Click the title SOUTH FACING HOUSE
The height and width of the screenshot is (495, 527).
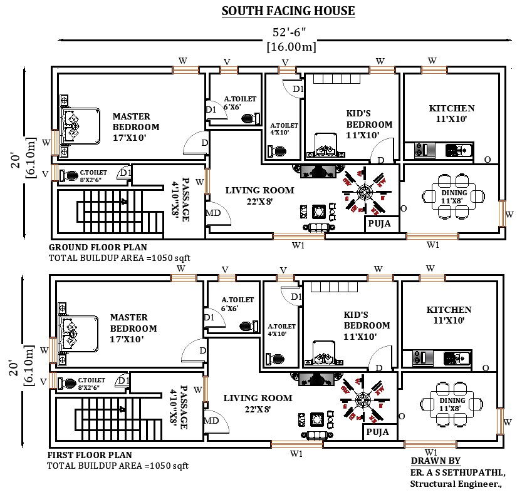(x=288, y=11)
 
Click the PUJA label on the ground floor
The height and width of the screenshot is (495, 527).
(x=378, y=223)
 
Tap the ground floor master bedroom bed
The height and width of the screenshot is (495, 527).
(x=80, y=125)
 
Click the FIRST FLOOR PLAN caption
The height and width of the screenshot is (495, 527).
(x=90, y=455)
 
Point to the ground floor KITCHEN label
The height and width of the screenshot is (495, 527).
(x=452, y=108)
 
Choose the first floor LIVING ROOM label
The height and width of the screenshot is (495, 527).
(x=258, y=398)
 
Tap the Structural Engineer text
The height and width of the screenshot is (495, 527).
(x=456, y=484)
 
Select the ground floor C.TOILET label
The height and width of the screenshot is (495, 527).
(x=93, y=173)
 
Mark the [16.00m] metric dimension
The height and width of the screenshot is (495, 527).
(x=291, y=47)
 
